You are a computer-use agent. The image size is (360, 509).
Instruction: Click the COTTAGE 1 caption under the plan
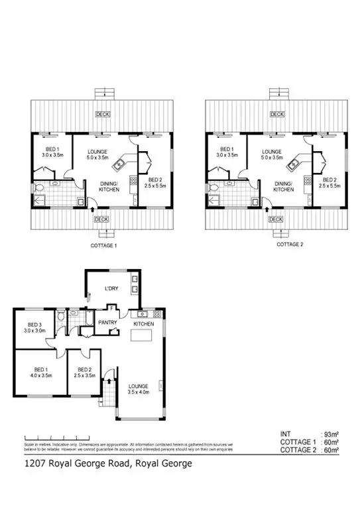[x=103, y=245]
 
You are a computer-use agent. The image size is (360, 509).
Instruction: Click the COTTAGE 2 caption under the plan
[x=289, y=244]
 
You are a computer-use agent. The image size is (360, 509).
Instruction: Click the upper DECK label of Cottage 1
[x=103, y=114]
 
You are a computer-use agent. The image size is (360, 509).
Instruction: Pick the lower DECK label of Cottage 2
[x=276, y=219]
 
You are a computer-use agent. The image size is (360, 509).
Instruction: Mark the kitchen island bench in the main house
[x=142, y=337]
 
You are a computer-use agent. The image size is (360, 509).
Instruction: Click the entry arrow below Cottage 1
[x=91, y=209]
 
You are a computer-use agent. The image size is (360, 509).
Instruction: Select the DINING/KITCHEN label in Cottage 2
[x=283, y=186]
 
